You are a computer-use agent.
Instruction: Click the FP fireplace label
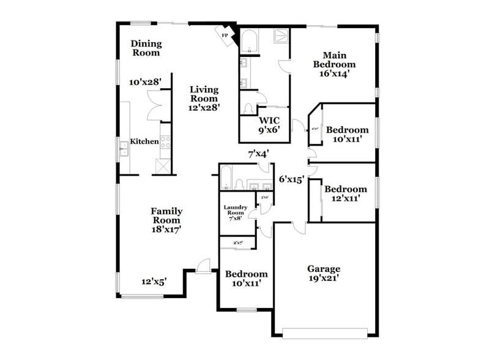225,36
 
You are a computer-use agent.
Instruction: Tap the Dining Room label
146,48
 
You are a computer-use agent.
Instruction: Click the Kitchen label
145,141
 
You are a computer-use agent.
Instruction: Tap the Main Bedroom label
334,63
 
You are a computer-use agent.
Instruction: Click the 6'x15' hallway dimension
291,179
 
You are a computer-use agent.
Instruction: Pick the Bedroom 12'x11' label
346,193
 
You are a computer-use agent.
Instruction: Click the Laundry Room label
236,212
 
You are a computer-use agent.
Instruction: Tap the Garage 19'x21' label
324,273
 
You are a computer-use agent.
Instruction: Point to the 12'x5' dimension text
154,282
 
